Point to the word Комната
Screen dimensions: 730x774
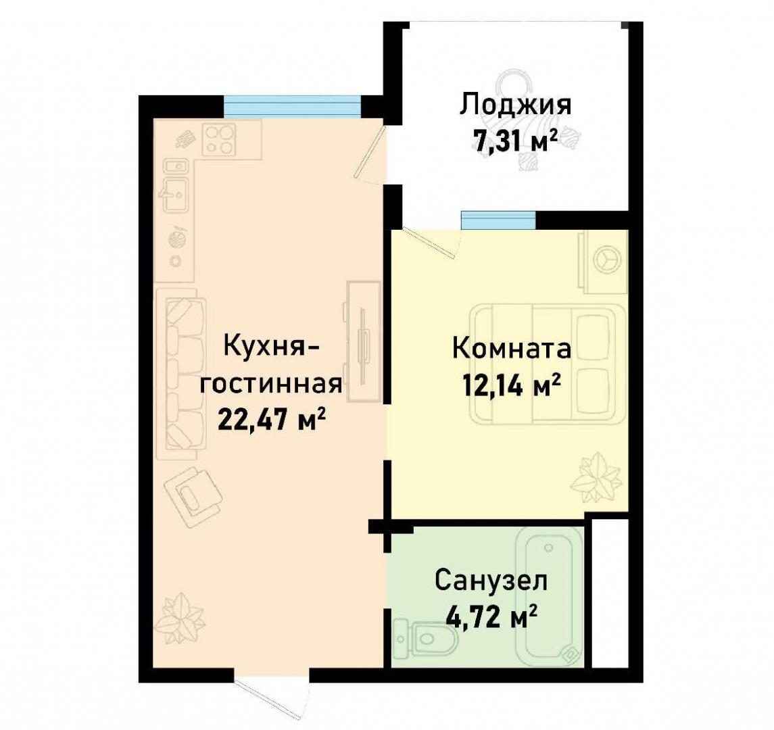[x=511, y=350]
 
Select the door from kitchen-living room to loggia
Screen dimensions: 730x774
[x=372, y=155]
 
